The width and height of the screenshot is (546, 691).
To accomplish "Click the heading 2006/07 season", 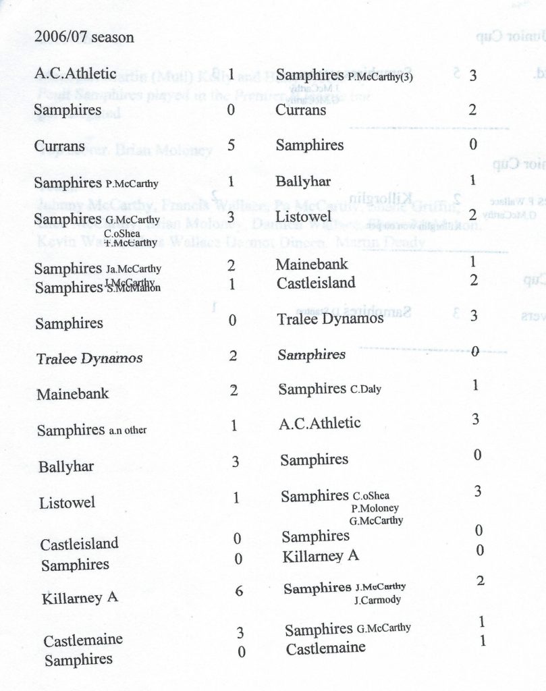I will [x=84, y=37].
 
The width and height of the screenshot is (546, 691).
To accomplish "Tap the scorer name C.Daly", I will [x=367, y=389].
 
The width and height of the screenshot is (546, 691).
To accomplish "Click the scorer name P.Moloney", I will [x=375, y=508].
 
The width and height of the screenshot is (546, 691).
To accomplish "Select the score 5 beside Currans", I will [x=231, y=144].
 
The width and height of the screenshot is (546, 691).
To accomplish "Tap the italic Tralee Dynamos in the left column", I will [x=89, y=358].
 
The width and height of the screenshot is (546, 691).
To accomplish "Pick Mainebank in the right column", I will [x=311, y=265].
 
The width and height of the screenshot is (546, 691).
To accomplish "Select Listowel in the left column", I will [x=67, y=503].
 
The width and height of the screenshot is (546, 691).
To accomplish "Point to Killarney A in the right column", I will [x=320, y=557].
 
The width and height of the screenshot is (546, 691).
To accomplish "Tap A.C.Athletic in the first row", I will [x=75, y=74].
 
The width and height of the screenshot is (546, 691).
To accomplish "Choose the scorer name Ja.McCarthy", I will [x=133, y=269].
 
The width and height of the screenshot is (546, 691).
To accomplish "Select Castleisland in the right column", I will [x=316, y=283].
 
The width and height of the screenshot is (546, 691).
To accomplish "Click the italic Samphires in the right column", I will [x=311, y=354].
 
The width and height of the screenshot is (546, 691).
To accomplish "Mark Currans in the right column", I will [x=300, y=109].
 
